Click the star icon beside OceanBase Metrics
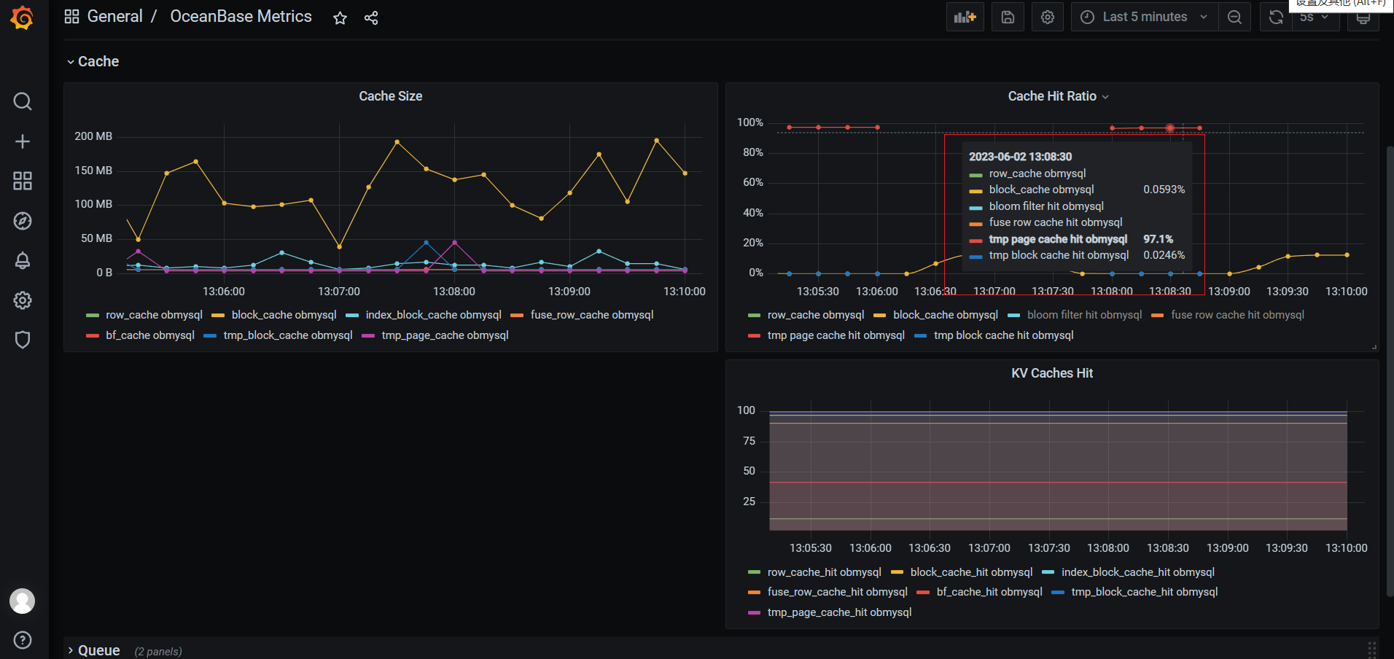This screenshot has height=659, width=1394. click(340, 18)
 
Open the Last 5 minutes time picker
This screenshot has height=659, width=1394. click(1144, 17)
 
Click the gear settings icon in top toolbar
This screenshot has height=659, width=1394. click(1048, 17)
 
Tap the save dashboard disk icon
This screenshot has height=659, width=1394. click(1008, 17)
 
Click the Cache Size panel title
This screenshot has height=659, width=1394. click(390, 96)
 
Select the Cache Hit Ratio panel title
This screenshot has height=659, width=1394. click(1051, 96)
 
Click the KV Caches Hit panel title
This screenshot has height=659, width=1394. click(1051, 373)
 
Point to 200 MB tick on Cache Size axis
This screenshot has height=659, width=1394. click(93, 136)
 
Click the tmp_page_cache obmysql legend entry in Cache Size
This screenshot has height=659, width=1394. click(444, 335)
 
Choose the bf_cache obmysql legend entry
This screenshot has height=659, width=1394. click(149, 335)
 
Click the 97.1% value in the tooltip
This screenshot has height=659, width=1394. click(1158, 239)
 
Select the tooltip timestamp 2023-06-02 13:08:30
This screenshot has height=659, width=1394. click(1020, 157)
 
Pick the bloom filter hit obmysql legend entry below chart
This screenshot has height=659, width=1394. click(1083, 315)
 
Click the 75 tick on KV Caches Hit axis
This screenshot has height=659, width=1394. click(749, 441)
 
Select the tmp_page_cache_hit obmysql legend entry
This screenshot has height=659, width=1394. click(838, 612)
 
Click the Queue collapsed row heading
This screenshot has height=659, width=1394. click(98, 650)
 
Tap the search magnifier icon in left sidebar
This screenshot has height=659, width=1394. click(23, 101)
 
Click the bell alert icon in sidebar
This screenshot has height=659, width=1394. click(23, 260)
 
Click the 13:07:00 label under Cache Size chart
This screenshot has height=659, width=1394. click(339, 292)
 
